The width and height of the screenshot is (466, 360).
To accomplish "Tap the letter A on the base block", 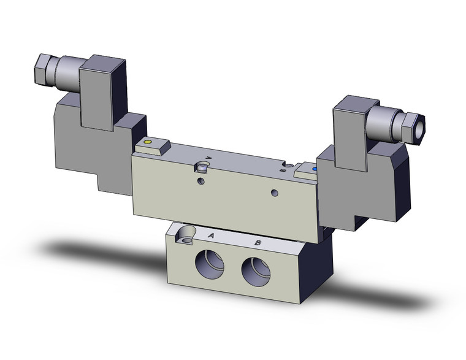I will click(x=211, y=236).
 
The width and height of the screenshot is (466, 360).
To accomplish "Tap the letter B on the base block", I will click(x=258, y=243).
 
